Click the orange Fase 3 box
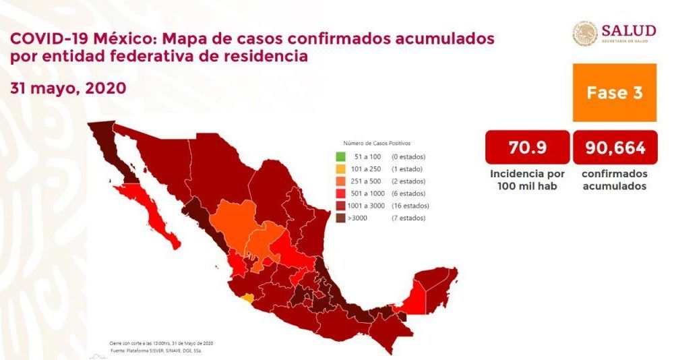614,92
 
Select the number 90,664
615,147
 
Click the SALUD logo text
628,30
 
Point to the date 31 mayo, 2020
68,88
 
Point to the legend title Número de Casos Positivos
377,144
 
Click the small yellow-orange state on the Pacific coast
249,297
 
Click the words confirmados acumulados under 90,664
614,179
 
